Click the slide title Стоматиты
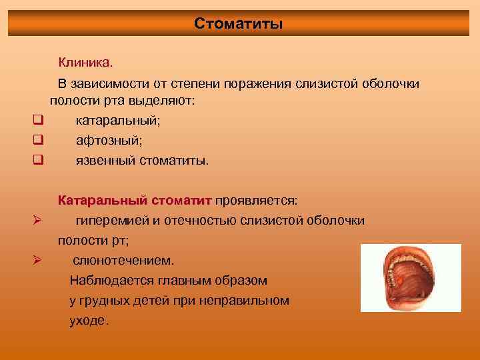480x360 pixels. tap(239, 24)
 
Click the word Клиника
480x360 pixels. tap(85, 63)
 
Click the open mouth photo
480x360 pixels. tap(411, 278)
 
